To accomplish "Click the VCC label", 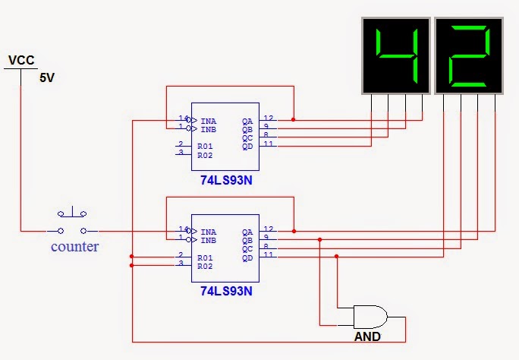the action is (x=21, y=60).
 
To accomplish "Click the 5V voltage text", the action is (x=47, y=77).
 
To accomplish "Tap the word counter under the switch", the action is (x=75, y=246).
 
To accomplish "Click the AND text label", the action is (x=367, y=336).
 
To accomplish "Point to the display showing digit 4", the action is (x=396, y=55).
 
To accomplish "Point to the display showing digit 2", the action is (x=469, y=55).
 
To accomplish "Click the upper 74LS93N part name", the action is (x=226, y=180).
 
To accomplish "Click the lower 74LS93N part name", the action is (x=226, y=291).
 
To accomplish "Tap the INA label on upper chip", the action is (x=208, y=122).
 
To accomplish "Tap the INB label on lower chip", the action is (x=208, y=241).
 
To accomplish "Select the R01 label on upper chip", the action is (x=205, y=146).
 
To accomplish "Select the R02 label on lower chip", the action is (x=205, y=267).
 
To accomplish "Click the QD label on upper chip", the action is (x=247, y=147).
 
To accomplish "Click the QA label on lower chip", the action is (x=247, y=232).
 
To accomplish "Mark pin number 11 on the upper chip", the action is (x=269, y=144).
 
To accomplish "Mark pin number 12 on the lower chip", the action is (x=269, y=229).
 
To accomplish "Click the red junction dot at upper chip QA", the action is (x=293, y=119).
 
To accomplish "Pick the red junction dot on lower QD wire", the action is (x=336, y=257).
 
